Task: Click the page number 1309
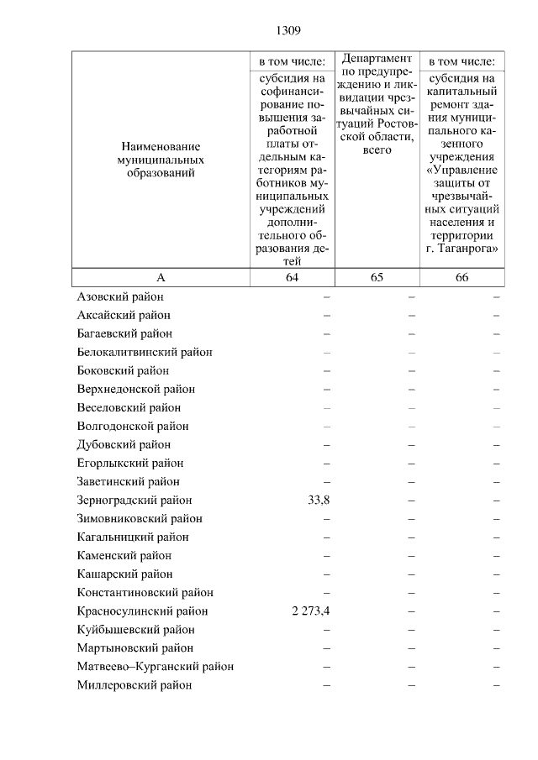point(287,31)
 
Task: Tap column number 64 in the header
point(292,279)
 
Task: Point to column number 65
point(377,279)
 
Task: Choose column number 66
point(462,279)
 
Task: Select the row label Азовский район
point(120,297)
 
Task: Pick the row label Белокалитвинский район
point(144,353)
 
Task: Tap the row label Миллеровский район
point(134,685)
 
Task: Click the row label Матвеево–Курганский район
point(155,667)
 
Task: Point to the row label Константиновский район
point(145,593)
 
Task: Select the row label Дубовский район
point(124,445)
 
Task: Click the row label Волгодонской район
point(132,427)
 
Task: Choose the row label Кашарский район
point(124,574)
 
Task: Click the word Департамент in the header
point(377,59)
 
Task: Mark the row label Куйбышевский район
point(134,630)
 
